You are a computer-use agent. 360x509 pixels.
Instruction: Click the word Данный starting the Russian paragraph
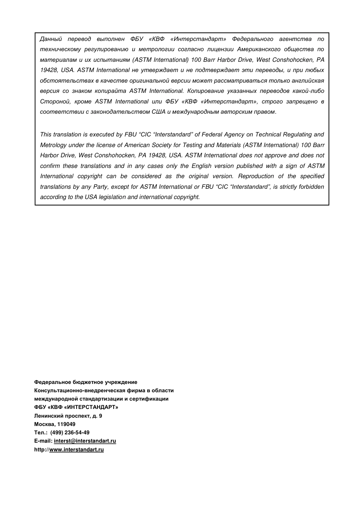tap(51, 39)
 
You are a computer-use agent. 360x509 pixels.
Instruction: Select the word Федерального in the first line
tap(252, 39)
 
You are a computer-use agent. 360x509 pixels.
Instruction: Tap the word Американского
tap(258, 49)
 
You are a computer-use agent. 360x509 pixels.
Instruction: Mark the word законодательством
tap(120, 112)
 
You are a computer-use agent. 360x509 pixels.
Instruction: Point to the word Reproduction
tap(256, 176)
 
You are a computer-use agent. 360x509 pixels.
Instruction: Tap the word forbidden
tap(311, 187)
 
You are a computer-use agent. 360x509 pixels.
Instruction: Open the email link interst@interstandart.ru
tap(85, 441)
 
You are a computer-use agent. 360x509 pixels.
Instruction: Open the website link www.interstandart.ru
tap(76, 449)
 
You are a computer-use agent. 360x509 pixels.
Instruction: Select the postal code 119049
tap(66, 424)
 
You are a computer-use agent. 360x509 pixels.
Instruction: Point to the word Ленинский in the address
tap(49, 416)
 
